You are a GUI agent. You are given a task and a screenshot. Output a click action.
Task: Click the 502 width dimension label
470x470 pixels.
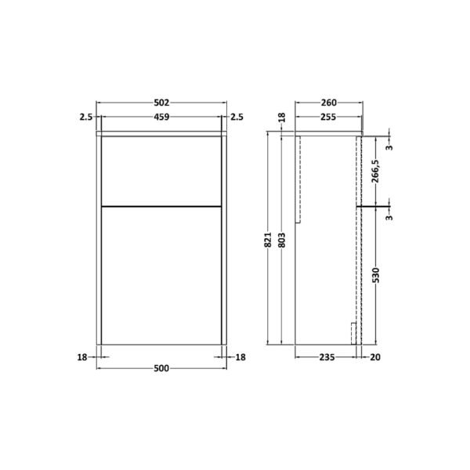pyautogui.click(x=161, y=103)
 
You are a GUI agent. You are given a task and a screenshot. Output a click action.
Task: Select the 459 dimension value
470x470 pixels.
pyautogui.click(x=161, y=117)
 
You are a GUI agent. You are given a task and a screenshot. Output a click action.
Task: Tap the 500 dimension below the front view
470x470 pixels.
pyautogui.click(x=161, y=368)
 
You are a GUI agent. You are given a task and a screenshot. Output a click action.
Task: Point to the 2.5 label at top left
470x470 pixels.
pyautogui.click(x=86, y=117)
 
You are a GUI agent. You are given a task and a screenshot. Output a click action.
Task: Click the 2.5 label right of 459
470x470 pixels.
pyautogui.click(x=237, y=117)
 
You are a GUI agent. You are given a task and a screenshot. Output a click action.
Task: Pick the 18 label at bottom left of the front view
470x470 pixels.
pyautogui.click(x=82, y=357)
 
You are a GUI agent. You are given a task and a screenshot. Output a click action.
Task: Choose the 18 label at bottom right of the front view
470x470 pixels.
pyautogui.click(x=240, y=357)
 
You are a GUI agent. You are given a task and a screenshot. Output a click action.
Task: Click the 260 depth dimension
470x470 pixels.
pyautogui.click(x=329, y=103)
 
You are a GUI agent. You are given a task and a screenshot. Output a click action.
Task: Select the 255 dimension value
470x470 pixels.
pyautogui.click(x=328, y=117)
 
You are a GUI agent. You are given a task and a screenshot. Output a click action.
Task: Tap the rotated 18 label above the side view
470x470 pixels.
pyautogui.click(x=282, y=117)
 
